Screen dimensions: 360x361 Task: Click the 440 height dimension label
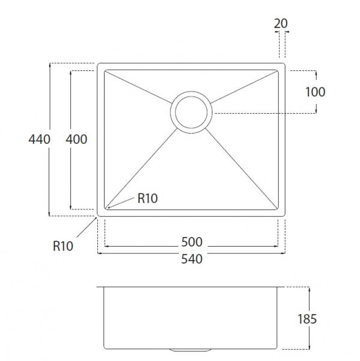click(39, 140)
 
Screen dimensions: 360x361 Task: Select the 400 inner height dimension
click(76, 140)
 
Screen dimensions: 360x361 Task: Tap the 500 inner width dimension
click(192, 242)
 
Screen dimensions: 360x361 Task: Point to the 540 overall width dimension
click(192, 259)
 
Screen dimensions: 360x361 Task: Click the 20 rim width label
click(281, 23)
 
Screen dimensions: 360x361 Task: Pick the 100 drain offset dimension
click(315, 92)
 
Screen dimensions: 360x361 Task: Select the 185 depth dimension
click(307, 319)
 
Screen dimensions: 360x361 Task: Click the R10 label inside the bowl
click(147, 198)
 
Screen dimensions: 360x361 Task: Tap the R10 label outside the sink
click(63, 246)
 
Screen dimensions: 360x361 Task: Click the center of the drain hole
click(191, 113)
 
